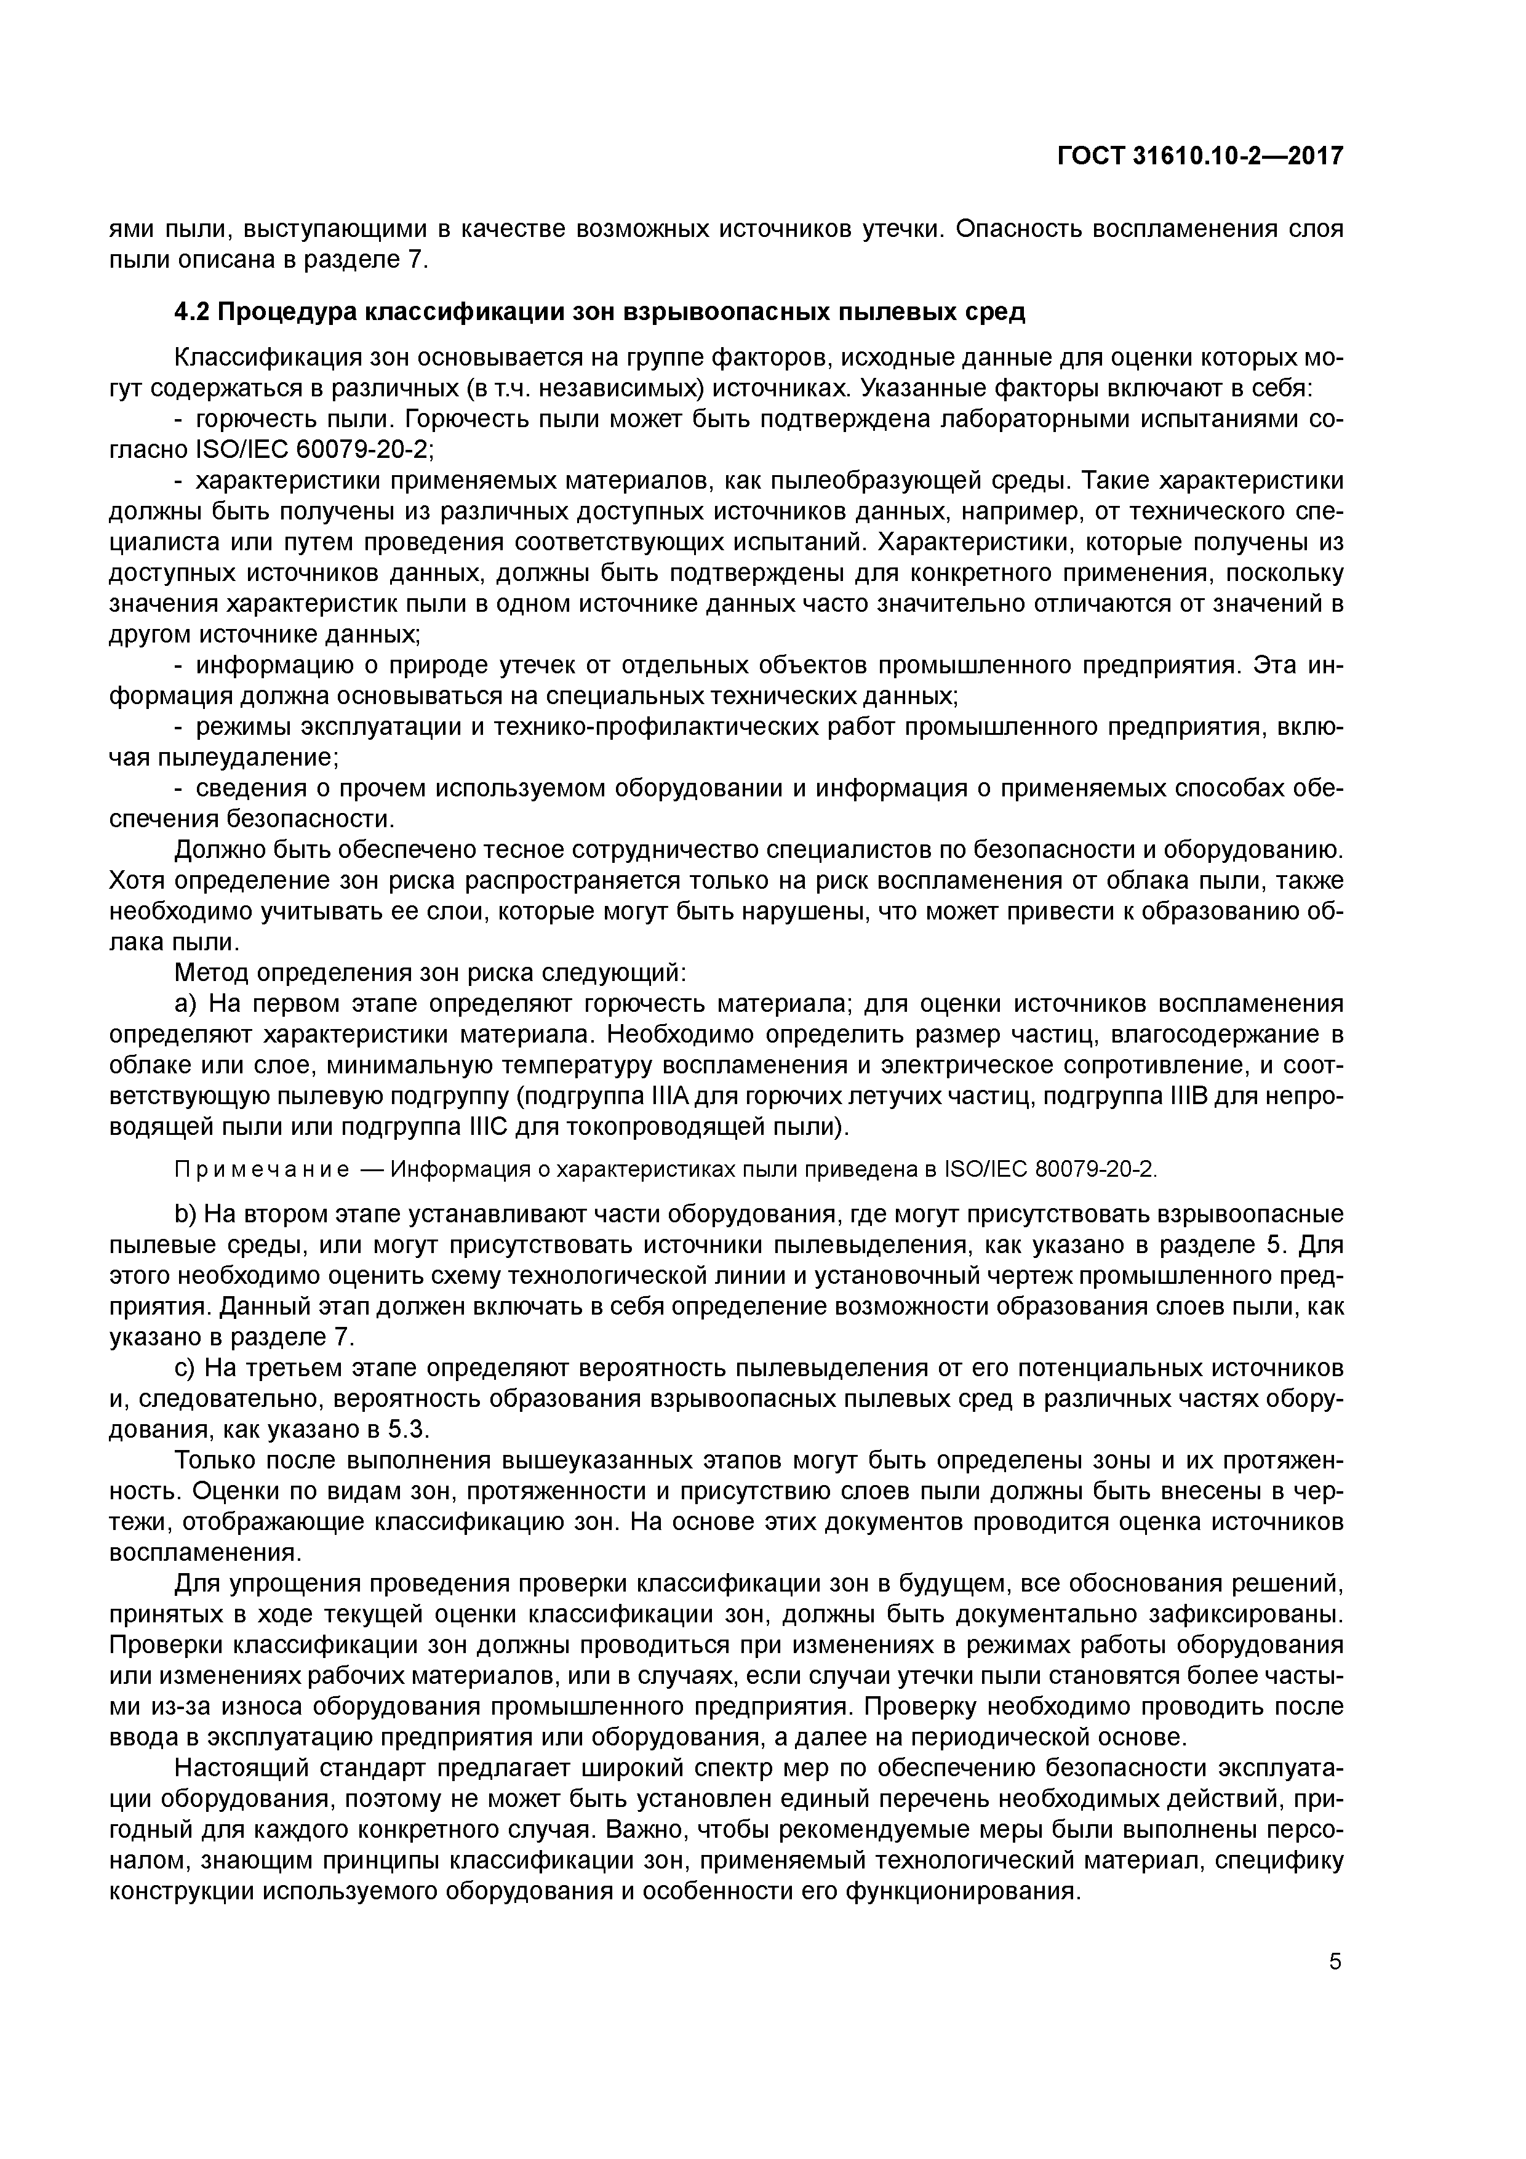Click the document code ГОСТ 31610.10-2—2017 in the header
[1200, 155]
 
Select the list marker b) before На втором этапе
[186, 1214]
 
